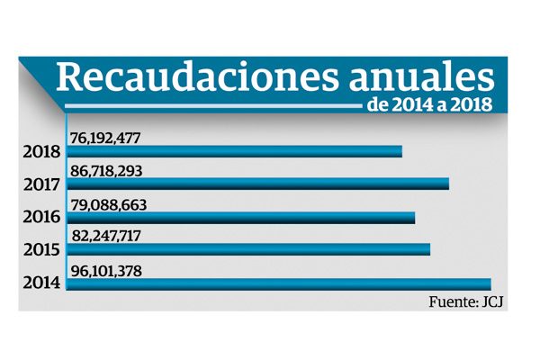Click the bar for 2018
[x=234, y=150]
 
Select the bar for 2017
[x=257, y=184]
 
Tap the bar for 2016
[x=240, y=217]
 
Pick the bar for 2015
[x=248, y=249]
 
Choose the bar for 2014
[x=278, y=283]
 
